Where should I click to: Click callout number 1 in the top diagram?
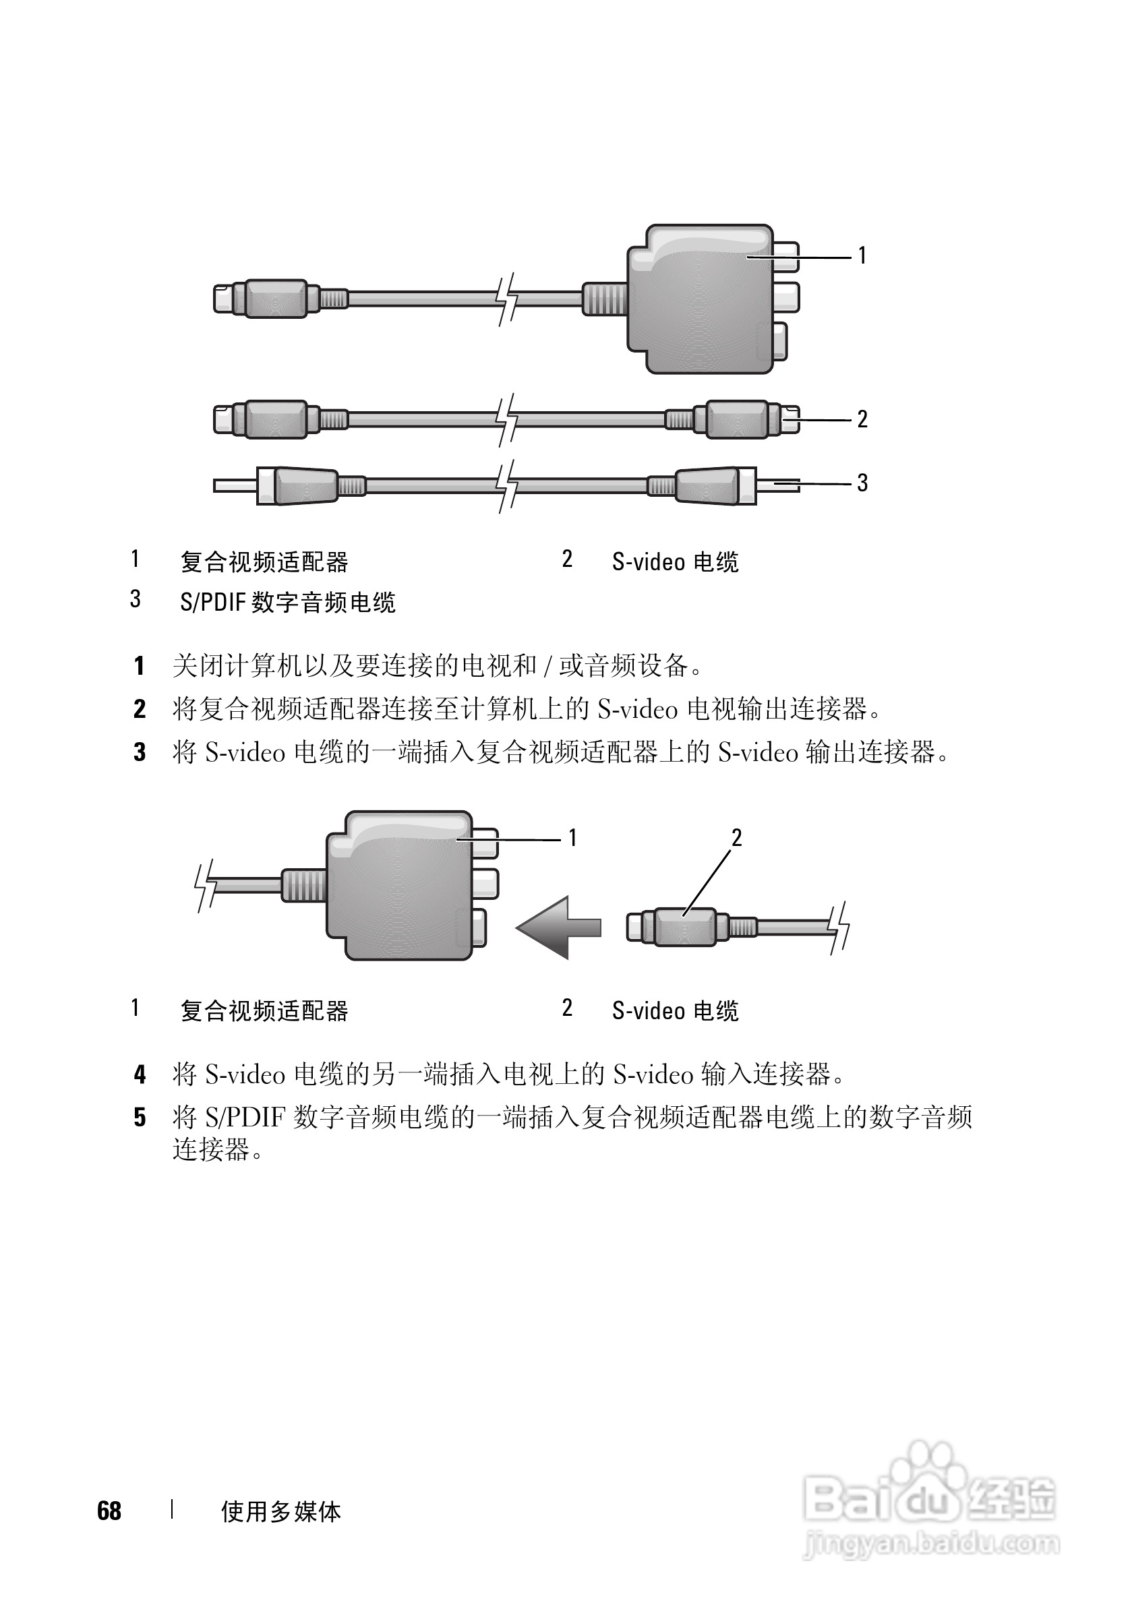tap(862, 256)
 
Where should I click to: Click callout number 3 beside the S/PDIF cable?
tap(862, 483)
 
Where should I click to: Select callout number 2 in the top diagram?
tap(862, 419)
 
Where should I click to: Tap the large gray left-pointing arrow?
tap(558, 928)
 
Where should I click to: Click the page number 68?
tap(109, 1511)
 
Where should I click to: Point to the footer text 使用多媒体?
tap(280, 1511)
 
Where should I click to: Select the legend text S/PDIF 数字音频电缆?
tap(288, 602)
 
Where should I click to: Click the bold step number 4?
tap(140, 1074)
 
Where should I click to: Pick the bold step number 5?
tap(140, 1117)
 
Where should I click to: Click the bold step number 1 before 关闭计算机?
tap(140, 665)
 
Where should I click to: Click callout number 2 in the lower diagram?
tap(736, 837)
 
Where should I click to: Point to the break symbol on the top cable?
tap(508, 299)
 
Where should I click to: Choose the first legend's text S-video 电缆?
tap(675, 562)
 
